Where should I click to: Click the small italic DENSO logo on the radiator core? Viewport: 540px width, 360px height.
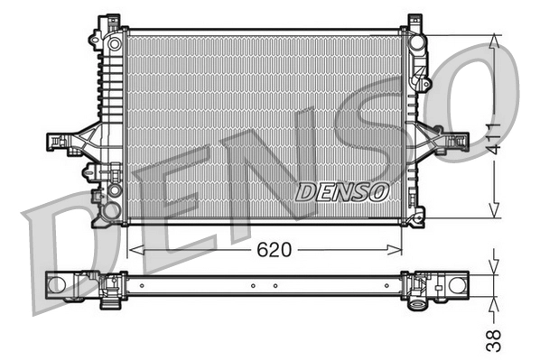[x=342, y=190]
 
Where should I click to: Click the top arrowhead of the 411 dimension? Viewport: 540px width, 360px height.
[x=494, y=41]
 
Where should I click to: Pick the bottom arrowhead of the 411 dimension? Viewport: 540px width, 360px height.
[x=494, y=211]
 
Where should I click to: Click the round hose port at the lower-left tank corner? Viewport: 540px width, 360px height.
[x=111, y=211]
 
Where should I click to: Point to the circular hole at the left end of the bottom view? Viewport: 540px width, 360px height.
[x=58, y=285]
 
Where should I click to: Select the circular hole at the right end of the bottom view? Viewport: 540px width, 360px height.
[x=456, y=286]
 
